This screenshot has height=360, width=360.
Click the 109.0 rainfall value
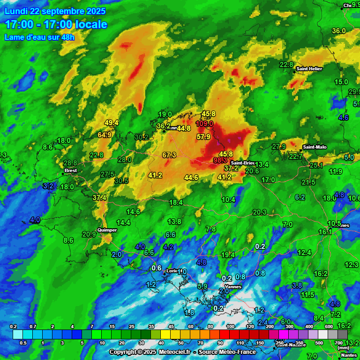[x=204, y=124]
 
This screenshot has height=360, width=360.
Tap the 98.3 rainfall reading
[x=220, y=160]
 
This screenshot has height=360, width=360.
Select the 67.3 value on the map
[x=169, y=155]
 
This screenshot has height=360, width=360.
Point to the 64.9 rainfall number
[x=105, y=135]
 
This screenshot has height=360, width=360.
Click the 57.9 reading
[x=203, y=137]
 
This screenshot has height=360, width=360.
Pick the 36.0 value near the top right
[x=338, y=31]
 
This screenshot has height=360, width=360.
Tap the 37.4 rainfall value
[x=99, y=198]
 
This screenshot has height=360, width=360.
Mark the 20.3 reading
[x=260, y=212]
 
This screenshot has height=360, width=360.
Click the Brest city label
[x=70, y=171]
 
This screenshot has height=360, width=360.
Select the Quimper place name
[x=107, y=230]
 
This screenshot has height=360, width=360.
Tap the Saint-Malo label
[x=315, y=147]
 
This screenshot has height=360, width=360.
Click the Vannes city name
[x=233, y=286]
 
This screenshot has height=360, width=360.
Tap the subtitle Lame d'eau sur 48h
[x=39, y=37]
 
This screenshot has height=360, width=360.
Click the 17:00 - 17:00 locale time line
[x=56, y=24]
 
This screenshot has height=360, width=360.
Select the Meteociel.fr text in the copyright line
[x=174, y=352]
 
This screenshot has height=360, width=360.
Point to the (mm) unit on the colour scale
[x=343, y=348]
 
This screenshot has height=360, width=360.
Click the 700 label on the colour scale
[x=339, y=343]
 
